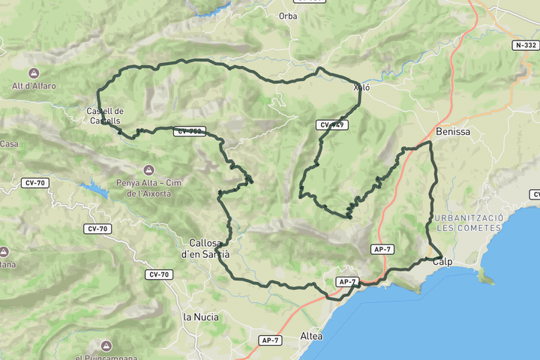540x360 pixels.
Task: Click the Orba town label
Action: tap(288, 16)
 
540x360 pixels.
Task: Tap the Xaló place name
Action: tap(361, 88)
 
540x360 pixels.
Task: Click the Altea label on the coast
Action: tap(310, 335)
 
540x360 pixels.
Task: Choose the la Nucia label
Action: tap(201, 317)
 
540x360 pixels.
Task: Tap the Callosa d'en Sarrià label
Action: tap(205, 249)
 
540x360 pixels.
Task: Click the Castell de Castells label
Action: tap(105, 116)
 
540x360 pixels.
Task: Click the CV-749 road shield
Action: tap(331, 124)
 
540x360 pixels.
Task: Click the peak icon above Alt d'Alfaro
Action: tap(33, 73)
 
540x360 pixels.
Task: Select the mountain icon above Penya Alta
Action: tap(148, 169)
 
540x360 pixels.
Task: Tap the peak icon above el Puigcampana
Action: tap(105, 346)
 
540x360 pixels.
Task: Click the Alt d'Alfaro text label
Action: tap(33, 85)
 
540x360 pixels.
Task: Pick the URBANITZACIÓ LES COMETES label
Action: tap(469, 222)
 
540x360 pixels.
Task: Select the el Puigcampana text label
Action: tap(105, 357)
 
